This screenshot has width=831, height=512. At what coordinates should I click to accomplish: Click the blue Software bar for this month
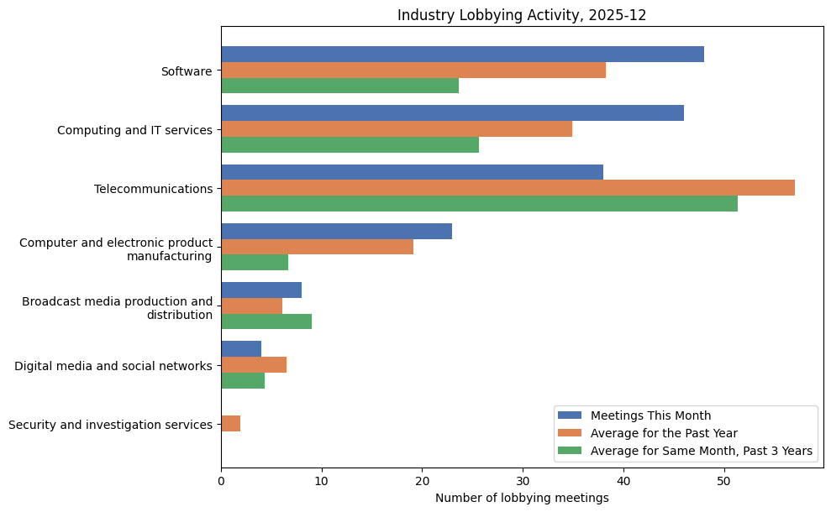[462, 55]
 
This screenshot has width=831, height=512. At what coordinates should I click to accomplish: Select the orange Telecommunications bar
[508, 188]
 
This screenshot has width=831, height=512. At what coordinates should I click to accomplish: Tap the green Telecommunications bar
[479, 204]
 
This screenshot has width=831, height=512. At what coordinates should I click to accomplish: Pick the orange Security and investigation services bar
[231, 424]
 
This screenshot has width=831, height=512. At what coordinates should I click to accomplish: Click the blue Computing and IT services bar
[452, 113]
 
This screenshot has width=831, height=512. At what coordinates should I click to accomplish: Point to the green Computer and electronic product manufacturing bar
[255, 263]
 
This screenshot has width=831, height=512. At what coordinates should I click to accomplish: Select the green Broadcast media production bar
[266, 321]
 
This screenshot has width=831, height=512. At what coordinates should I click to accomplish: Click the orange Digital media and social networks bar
[254, 364]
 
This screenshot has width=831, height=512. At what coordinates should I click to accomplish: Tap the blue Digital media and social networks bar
[241, 348]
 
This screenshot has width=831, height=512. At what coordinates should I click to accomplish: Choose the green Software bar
[339, 86]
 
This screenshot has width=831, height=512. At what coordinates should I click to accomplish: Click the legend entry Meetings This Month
[650, 415]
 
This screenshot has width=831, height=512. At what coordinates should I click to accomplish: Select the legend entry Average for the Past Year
[664, 433]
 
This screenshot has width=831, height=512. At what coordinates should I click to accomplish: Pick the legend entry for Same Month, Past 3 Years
[701, 451]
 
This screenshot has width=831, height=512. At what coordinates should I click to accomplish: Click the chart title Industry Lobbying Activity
[522, 15]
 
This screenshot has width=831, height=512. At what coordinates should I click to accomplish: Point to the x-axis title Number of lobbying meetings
[522, 498]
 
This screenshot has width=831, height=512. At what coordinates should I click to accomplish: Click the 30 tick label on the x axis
[523, 481]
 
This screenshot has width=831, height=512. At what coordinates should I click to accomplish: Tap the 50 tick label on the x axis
[723, 481]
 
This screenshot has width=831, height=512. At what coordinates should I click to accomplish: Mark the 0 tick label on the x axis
[221, 481]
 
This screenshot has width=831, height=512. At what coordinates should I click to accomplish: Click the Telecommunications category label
[153, 189]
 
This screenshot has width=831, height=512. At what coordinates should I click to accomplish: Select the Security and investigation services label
[110, 425]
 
